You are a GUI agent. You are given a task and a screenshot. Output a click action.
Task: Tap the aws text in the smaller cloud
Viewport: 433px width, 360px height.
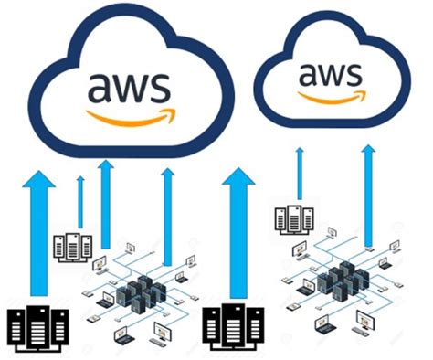pos(328,73)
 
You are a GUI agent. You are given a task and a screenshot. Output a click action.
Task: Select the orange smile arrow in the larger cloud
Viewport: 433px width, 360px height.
pos(129,116)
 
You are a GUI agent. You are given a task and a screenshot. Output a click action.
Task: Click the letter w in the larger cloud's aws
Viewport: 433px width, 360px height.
pos(130,87)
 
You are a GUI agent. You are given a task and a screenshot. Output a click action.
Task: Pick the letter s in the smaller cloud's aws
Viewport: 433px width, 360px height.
pos(353,73)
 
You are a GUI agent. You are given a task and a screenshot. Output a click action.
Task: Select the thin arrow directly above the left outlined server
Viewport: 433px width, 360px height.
pos(80,201)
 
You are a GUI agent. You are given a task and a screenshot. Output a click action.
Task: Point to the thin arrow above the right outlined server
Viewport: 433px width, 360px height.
pos(299,174)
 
